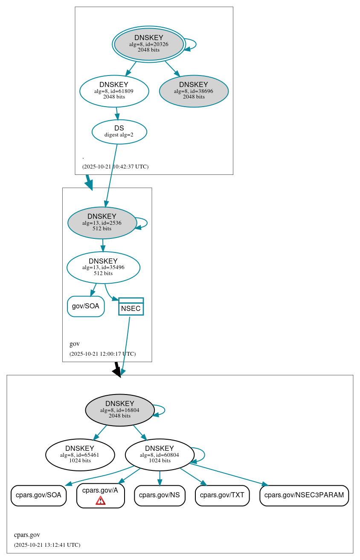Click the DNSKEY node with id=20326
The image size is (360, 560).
(149, 44)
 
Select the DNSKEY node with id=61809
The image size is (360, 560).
(114, 91)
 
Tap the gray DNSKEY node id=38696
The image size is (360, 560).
(194, 91)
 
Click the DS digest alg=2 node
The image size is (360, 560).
(119, 131)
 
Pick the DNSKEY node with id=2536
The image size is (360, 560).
(102, 223)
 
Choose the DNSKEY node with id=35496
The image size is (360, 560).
(103, 267)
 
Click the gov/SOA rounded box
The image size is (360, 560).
(86, 306)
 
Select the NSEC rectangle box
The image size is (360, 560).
(131, 307)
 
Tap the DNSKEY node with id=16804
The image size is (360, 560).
(120, 410)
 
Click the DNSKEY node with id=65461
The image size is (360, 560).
(80, 455)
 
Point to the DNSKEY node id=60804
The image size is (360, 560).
(160, 455)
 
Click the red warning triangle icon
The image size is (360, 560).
(101, 500)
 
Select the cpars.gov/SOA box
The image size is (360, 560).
(38, 495)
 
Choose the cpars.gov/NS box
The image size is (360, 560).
(160, 495)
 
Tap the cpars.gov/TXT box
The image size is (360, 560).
(222, 495)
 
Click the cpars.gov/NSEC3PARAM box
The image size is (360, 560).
(304, 495)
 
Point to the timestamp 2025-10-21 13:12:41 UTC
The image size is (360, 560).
(47, 545)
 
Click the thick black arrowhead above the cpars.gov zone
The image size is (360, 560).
(117, 371)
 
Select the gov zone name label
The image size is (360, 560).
(75, 344)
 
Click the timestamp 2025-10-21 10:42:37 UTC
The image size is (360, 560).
(115, 167)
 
